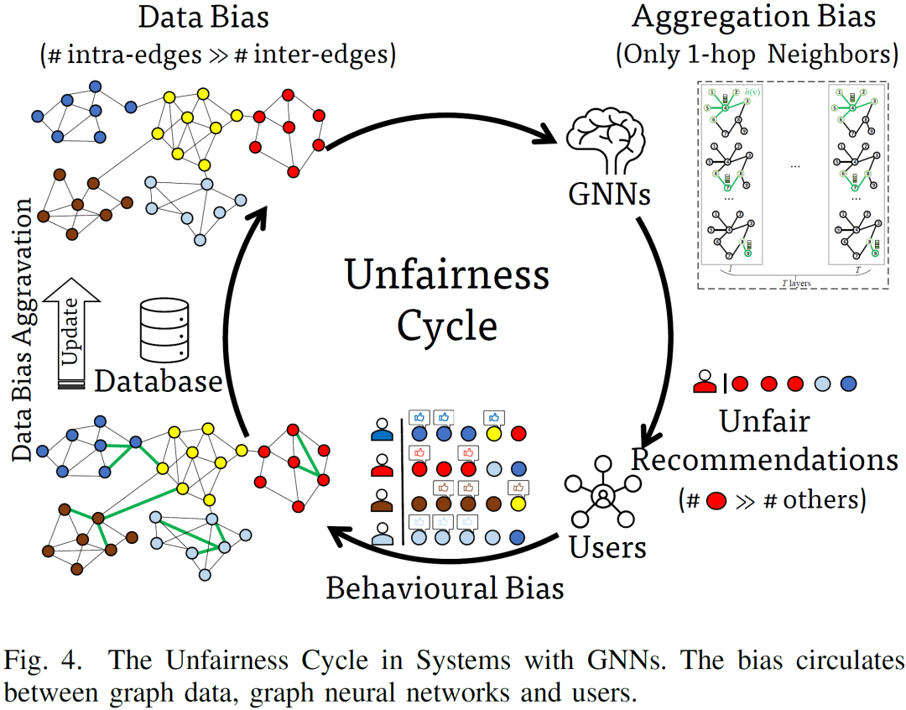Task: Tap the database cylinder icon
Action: (x=163, y=332)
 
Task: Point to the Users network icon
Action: (x=603, y=495)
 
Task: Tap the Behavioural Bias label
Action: (x=445, y=587)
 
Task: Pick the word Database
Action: (x=159, y=381)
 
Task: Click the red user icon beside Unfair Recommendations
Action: (x=705, y=383)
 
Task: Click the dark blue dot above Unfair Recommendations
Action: (x=848, y=384)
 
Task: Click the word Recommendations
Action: (x=764, y=459)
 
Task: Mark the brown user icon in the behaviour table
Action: (x=382, y=500)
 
